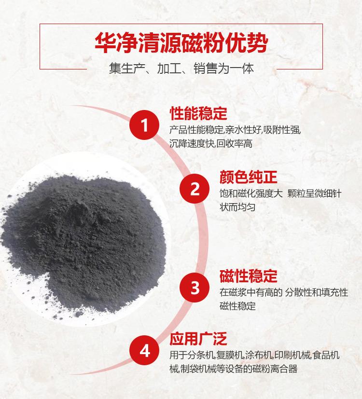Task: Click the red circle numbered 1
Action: (x=144, y=125)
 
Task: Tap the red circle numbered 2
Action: (x=195, y=189)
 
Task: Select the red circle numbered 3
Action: (x=195, y=288)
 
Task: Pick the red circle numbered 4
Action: (x=144, y=350)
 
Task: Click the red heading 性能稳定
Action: (x=198, y=113)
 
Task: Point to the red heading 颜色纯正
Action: (x=248, y=177)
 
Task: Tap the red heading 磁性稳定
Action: (x=248, y=276)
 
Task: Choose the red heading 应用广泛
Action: (x=198, y=339)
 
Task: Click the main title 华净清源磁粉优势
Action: (x=181, y=42)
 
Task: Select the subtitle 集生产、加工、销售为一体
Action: (x=181, y=69)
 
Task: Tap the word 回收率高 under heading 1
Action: (x=235, y=144)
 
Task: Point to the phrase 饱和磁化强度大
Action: (x=251, y=193)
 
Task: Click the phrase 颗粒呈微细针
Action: (x=314, y=193)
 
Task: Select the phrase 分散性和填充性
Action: (x=317, y=292)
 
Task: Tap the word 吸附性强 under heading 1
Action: (x=281, y=130)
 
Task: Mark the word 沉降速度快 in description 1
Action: (x=192, y=144)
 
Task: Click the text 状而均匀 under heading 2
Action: (x=237, y=207)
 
